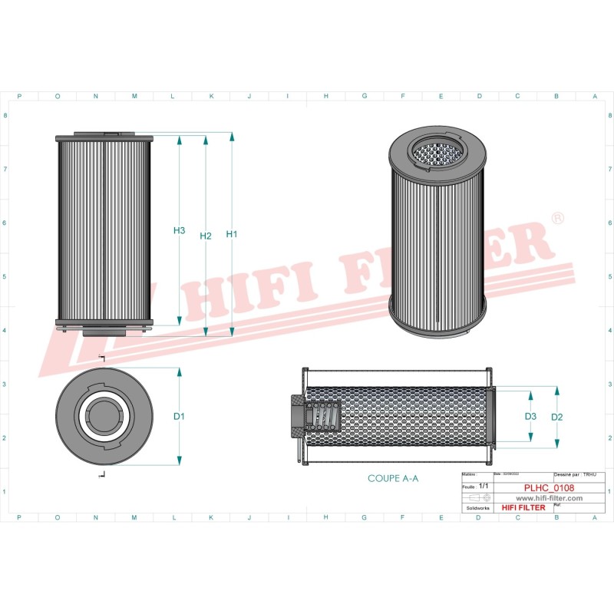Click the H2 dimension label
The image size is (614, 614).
point(205,236)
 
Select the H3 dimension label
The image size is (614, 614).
point(179,230)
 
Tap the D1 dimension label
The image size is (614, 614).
point(179,417)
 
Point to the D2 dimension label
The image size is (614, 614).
point(557,417)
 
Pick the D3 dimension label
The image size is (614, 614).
point(530,416)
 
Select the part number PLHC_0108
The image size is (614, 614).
point(550,487)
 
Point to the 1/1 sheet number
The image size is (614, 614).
point(484,487)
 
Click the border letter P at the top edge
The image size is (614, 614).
point(18,96)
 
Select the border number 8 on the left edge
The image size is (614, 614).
point(6,116)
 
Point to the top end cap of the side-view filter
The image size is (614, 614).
point(105,137)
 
